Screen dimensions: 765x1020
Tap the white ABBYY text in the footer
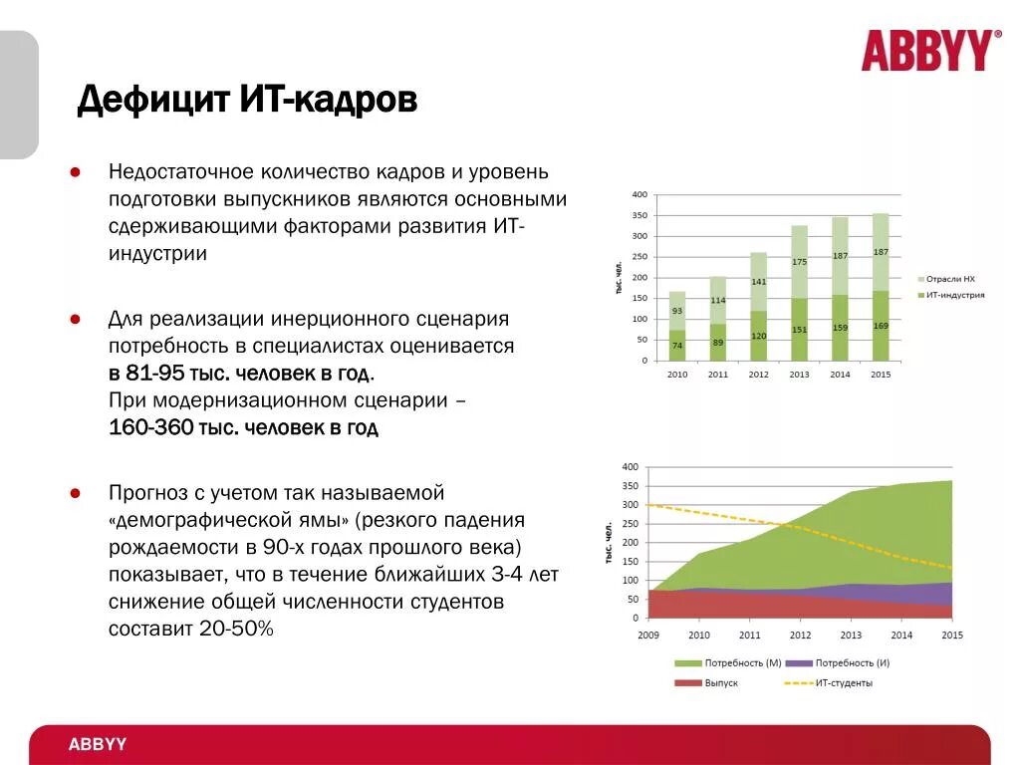98,745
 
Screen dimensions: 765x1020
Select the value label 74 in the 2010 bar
676,346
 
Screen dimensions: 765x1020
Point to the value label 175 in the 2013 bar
799,262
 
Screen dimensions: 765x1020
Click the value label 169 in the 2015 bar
881,325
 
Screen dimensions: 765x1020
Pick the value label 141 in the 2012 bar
758,282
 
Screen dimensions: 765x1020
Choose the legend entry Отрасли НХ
951,279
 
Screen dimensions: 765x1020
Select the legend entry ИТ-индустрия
955,295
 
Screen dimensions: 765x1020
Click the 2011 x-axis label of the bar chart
717,375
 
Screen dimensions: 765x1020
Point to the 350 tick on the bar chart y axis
638,215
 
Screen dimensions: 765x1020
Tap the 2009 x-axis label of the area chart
647,635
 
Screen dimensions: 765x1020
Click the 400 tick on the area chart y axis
630,467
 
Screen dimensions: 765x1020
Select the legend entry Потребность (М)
735,662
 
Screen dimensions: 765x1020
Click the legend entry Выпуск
721,682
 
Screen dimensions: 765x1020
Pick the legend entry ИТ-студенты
844,682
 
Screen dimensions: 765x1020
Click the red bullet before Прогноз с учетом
75,493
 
